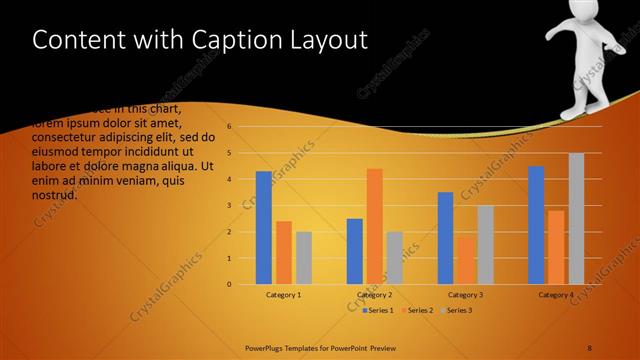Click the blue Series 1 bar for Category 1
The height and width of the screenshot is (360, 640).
[x=264, y=228]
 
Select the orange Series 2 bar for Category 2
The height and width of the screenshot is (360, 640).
[x=375, y=226]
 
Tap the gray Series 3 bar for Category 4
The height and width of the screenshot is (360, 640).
[x=576, y=219]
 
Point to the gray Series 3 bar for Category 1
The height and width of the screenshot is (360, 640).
[x=304, y=258]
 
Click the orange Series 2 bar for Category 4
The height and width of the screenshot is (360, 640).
[x=556, y=247]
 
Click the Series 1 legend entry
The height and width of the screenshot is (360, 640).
[x=377, y=311]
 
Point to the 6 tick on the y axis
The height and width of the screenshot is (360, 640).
[x=230, y=127]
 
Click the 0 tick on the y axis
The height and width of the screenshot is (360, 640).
[x=230, y=284]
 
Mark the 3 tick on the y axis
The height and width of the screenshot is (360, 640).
[x=230, y=205]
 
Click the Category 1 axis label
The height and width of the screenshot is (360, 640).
[x=284, y=295]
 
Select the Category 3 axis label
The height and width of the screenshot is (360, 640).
[x=465, y=295]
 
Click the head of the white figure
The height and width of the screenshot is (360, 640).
[x=585, y=22]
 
